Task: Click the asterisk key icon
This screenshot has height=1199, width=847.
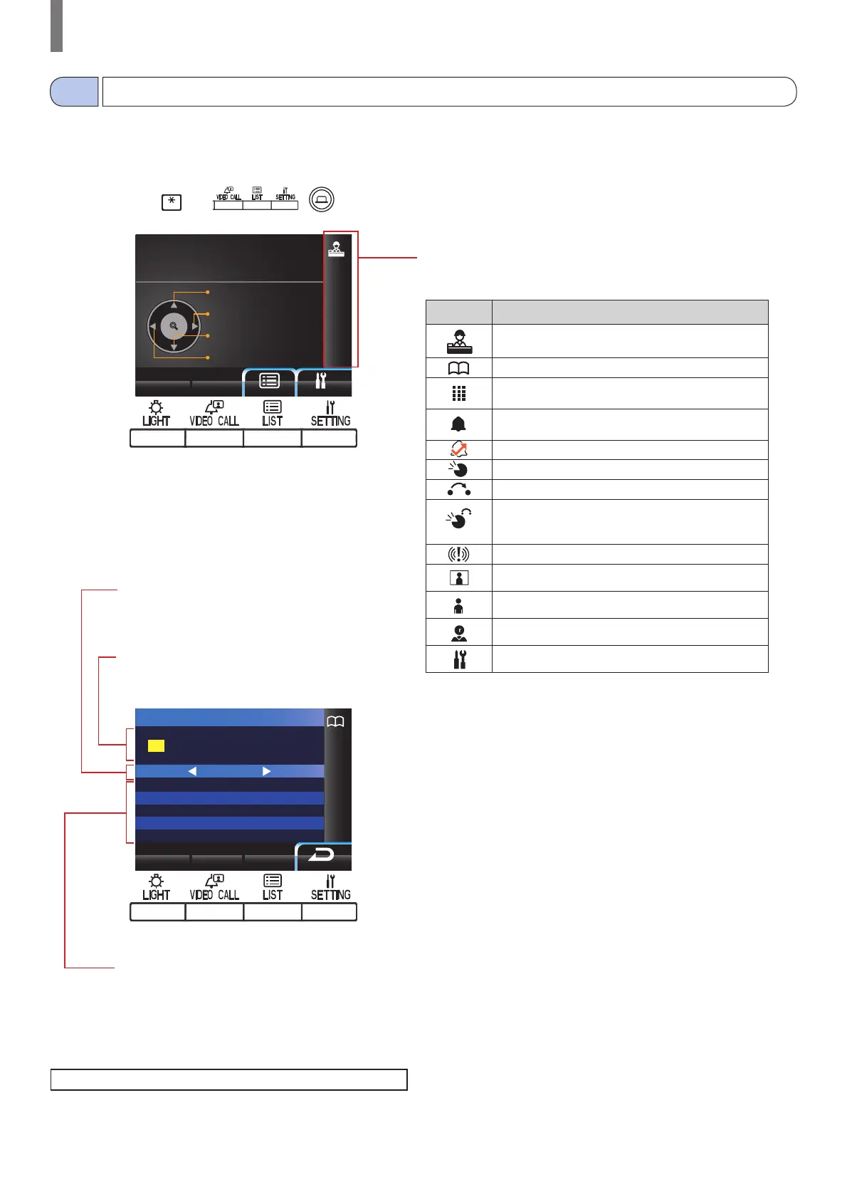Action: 172,202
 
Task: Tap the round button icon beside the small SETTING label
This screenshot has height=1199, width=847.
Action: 322,199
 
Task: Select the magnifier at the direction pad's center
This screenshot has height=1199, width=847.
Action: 174,326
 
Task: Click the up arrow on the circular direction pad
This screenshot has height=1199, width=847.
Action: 174,305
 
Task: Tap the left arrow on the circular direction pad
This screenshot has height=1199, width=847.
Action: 152,327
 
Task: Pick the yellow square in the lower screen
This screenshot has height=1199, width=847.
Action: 156,745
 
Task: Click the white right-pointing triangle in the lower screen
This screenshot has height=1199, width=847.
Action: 266,771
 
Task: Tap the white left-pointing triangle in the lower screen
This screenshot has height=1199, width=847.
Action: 192,771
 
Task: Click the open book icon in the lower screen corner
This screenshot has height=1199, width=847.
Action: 335,721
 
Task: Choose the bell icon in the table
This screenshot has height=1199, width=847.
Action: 458,424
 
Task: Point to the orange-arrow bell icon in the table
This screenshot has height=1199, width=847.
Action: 458,449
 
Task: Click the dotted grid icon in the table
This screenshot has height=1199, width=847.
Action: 458,393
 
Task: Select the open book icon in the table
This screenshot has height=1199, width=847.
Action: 458,367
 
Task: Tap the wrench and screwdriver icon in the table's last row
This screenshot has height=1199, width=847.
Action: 459,659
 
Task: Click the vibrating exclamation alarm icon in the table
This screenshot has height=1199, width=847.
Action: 458,554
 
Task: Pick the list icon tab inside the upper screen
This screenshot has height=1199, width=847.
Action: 269,382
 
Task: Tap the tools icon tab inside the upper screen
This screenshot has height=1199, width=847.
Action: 321,382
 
